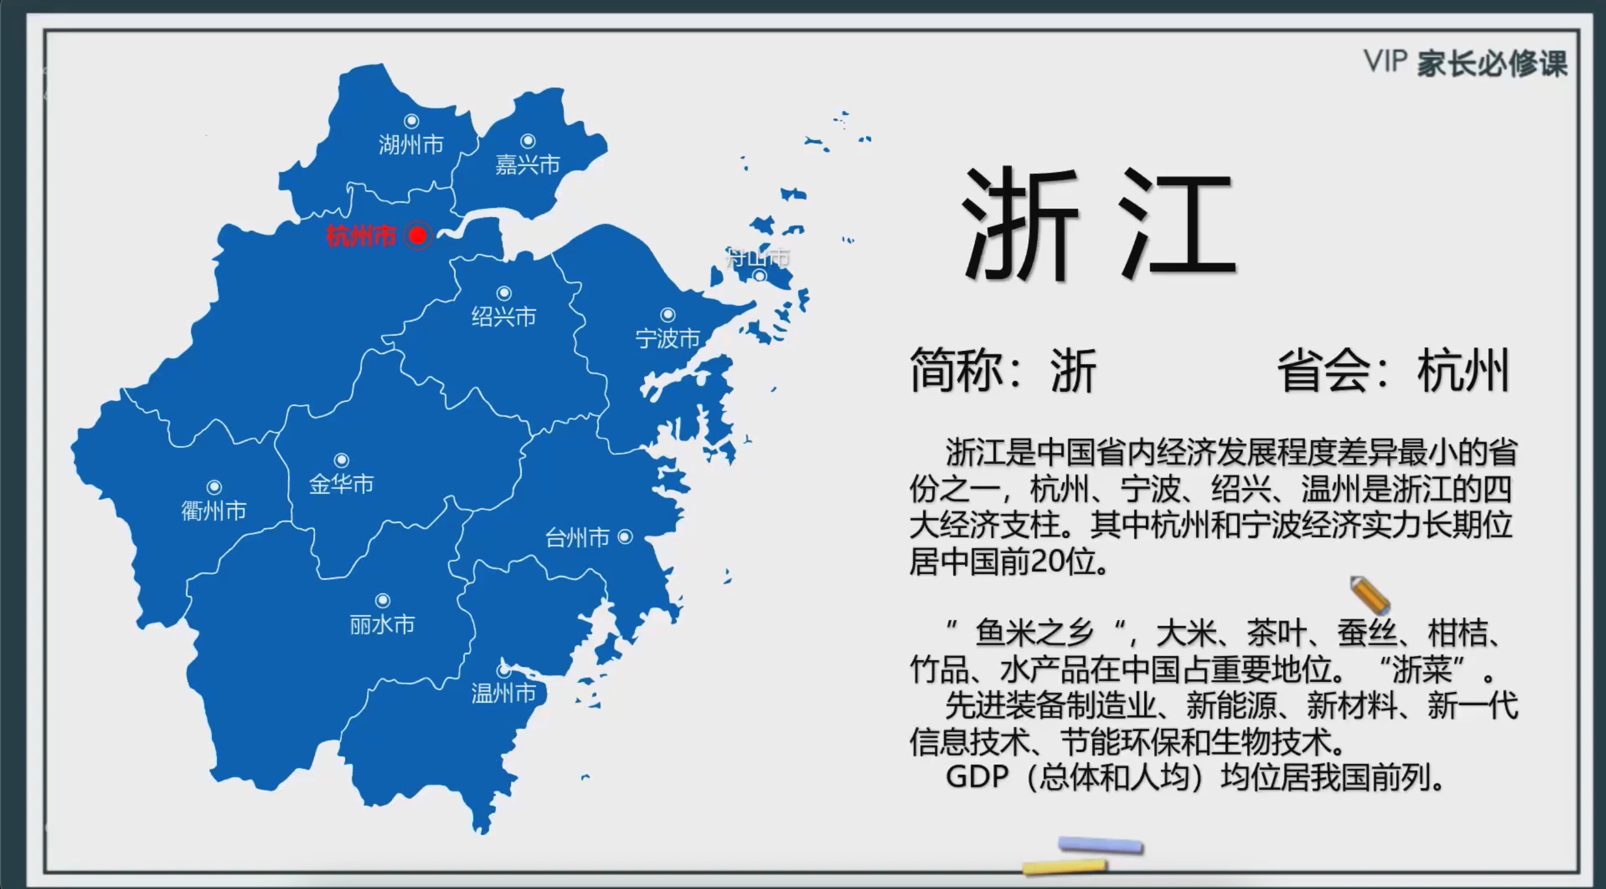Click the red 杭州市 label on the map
361,236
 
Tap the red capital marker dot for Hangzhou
418,236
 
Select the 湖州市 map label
411,144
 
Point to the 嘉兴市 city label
527,165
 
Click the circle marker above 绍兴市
504,293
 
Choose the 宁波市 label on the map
667,338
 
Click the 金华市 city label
341,484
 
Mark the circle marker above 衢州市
214,487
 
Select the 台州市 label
577,537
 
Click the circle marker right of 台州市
624,536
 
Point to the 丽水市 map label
382,624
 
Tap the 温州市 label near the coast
503,693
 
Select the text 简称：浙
1002,371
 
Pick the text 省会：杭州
1393,371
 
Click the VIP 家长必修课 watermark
1465,63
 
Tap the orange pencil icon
1370,595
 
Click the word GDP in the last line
977,777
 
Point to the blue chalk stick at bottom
1101,845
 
